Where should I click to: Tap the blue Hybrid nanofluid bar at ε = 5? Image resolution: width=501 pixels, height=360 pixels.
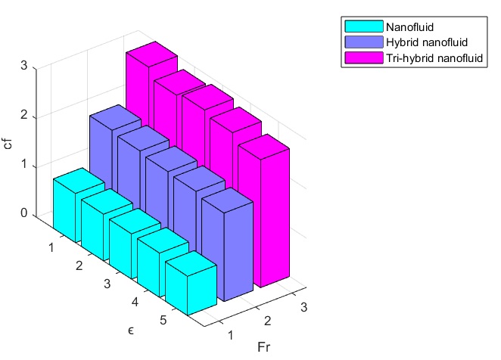pyautogui.click(x=236, y=242)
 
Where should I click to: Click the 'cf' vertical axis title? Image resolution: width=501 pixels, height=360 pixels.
pyautogui.click(x=8, y=142)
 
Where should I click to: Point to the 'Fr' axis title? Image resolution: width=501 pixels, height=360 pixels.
pyautogui.click(x=263, y=348)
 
